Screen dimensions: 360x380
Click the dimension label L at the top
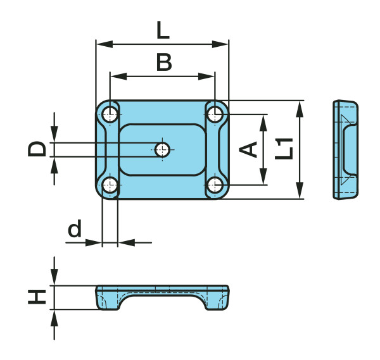pos(161,29)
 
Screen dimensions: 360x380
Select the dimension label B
pos(163,62)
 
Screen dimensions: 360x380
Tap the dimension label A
pos(249,149)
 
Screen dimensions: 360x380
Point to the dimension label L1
pos(284,149)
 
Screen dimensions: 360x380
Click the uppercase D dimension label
pos(37,149)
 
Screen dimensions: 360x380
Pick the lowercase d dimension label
pos(75,229)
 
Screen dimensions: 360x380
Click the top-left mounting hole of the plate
pos(111,115)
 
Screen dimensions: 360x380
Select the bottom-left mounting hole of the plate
pos(111,185)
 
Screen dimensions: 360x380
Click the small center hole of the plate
pos(163,150)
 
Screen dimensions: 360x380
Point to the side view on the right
pos(346,149)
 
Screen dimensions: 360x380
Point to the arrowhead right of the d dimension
pos(125,242)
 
